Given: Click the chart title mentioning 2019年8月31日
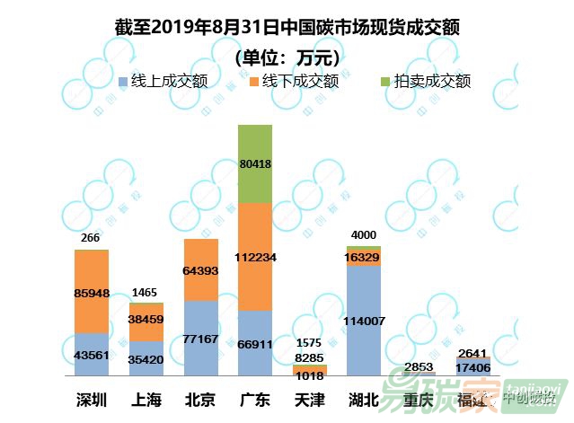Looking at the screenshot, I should coord(287,27).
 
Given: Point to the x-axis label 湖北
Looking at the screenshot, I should coord(364,400).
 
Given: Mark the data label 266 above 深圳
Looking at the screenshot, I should coord(91,239).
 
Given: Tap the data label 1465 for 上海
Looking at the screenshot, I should coord(146,293).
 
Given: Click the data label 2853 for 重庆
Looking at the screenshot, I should coord(419,365).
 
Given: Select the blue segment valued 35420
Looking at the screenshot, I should coord(146,358).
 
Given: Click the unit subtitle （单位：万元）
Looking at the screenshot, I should coord(287,57).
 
